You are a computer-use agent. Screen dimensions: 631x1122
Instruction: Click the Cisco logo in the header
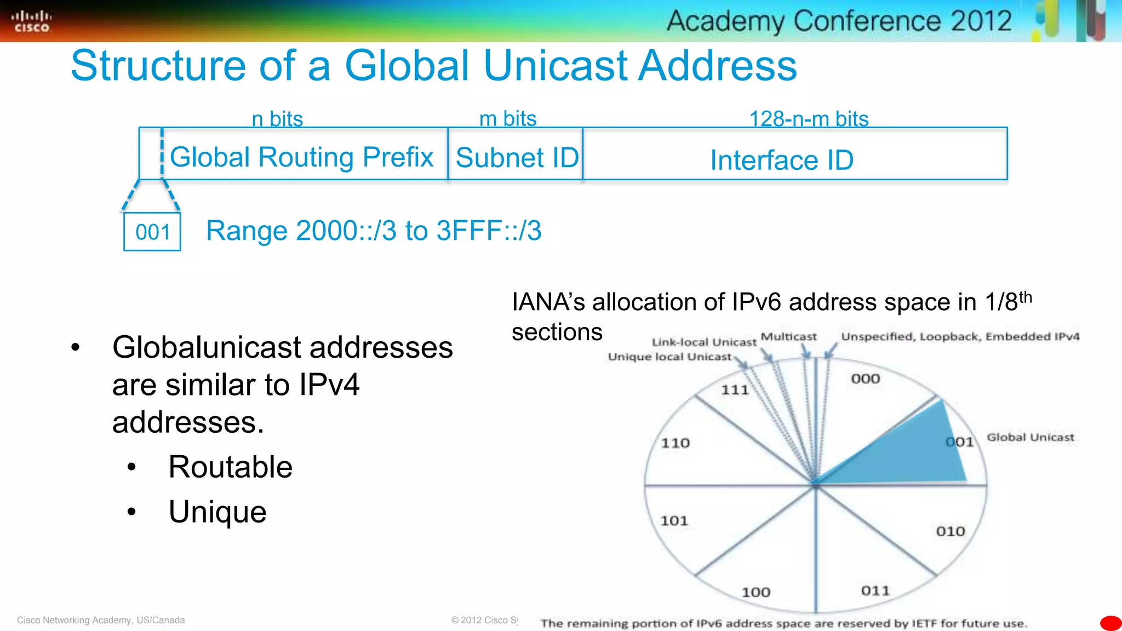tap(32, 21)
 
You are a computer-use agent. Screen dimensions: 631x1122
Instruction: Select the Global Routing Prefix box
tap(302, 157)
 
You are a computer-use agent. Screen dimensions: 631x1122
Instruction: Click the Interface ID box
tap(782, 159)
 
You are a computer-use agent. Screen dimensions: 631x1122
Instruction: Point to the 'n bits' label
tap(277, 118)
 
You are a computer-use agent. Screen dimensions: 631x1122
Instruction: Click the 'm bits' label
tap(508, 118)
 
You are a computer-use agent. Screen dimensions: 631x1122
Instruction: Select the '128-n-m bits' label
tap(809, 118)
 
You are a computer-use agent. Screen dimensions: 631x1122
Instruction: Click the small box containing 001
tap(152, 232)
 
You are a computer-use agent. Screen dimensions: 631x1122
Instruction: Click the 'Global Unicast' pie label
tap(1031, 437)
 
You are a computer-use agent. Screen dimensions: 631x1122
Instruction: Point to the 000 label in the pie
tap(866, 378)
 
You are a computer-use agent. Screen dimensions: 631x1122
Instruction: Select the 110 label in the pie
tap(675, 443)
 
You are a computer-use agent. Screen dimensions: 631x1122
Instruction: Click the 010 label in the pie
tap(951, 531)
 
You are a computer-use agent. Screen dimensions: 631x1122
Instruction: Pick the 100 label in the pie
tap(756, 592)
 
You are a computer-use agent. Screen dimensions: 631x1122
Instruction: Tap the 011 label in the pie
tap(875, 590)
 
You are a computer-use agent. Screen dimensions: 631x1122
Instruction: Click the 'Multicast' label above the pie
tap(788, 336)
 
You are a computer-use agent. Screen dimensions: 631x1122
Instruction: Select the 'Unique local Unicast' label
tap(669, 357)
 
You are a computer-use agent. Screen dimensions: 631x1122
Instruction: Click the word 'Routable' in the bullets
tap(231, 467)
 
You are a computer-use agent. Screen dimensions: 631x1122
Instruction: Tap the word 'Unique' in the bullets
tap(217, 512)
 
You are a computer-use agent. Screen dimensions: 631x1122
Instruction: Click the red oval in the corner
tap(1111, 623)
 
